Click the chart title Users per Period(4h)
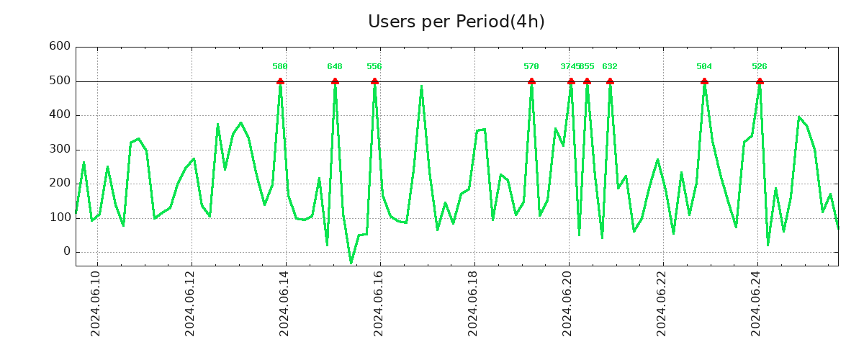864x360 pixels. (456, 22)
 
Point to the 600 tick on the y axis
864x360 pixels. (59, 47)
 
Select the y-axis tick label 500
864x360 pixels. (59, 81)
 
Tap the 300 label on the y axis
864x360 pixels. (59, 149)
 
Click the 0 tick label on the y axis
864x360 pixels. (66, 251)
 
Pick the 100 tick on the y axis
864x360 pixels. (59, 217)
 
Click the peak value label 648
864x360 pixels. (335, 66)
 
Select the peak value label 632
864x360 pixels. (610, 66)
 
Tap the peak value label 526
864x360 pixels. (760, 66)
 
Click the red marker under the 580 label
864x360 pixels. (280, 81)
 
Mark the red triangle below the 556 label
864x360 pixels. (374, 81)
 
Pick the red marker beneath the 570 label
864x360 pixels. (531, 81)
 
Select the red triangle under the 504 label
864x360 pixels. (704, 81)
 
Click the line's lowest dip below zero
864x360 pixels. (351, 263)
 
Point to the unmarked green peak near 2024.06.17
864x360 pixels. (422, 86)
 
